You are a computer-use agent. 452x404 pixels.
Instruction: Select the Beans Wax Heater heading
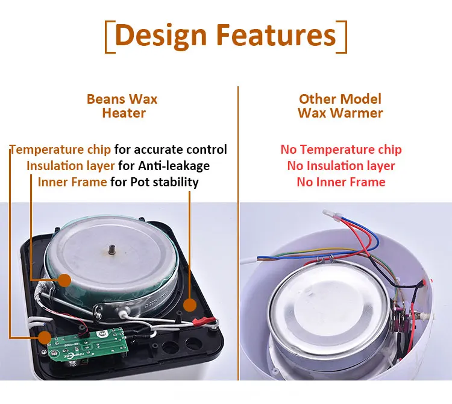coord(123,106)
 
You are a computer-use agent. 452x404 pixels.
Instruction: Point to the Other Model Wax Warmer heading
coord(340,106)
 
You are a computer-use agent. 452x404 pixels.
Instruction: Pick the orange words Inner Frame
coord(72,181)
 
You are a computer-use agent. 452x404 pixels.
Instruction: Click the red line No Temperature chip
coord(341,150)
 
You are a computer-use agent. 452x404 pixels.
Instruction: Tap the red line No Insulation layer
coord(341,166)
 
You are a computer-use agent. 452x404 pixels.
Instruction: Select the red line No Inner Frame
coord(341,182)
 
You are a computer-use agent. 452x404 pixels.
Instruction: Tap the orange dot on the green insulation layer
coord(64,280)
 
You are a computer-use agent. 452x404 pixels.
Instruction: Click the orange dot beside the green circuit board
coord(44,337)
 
